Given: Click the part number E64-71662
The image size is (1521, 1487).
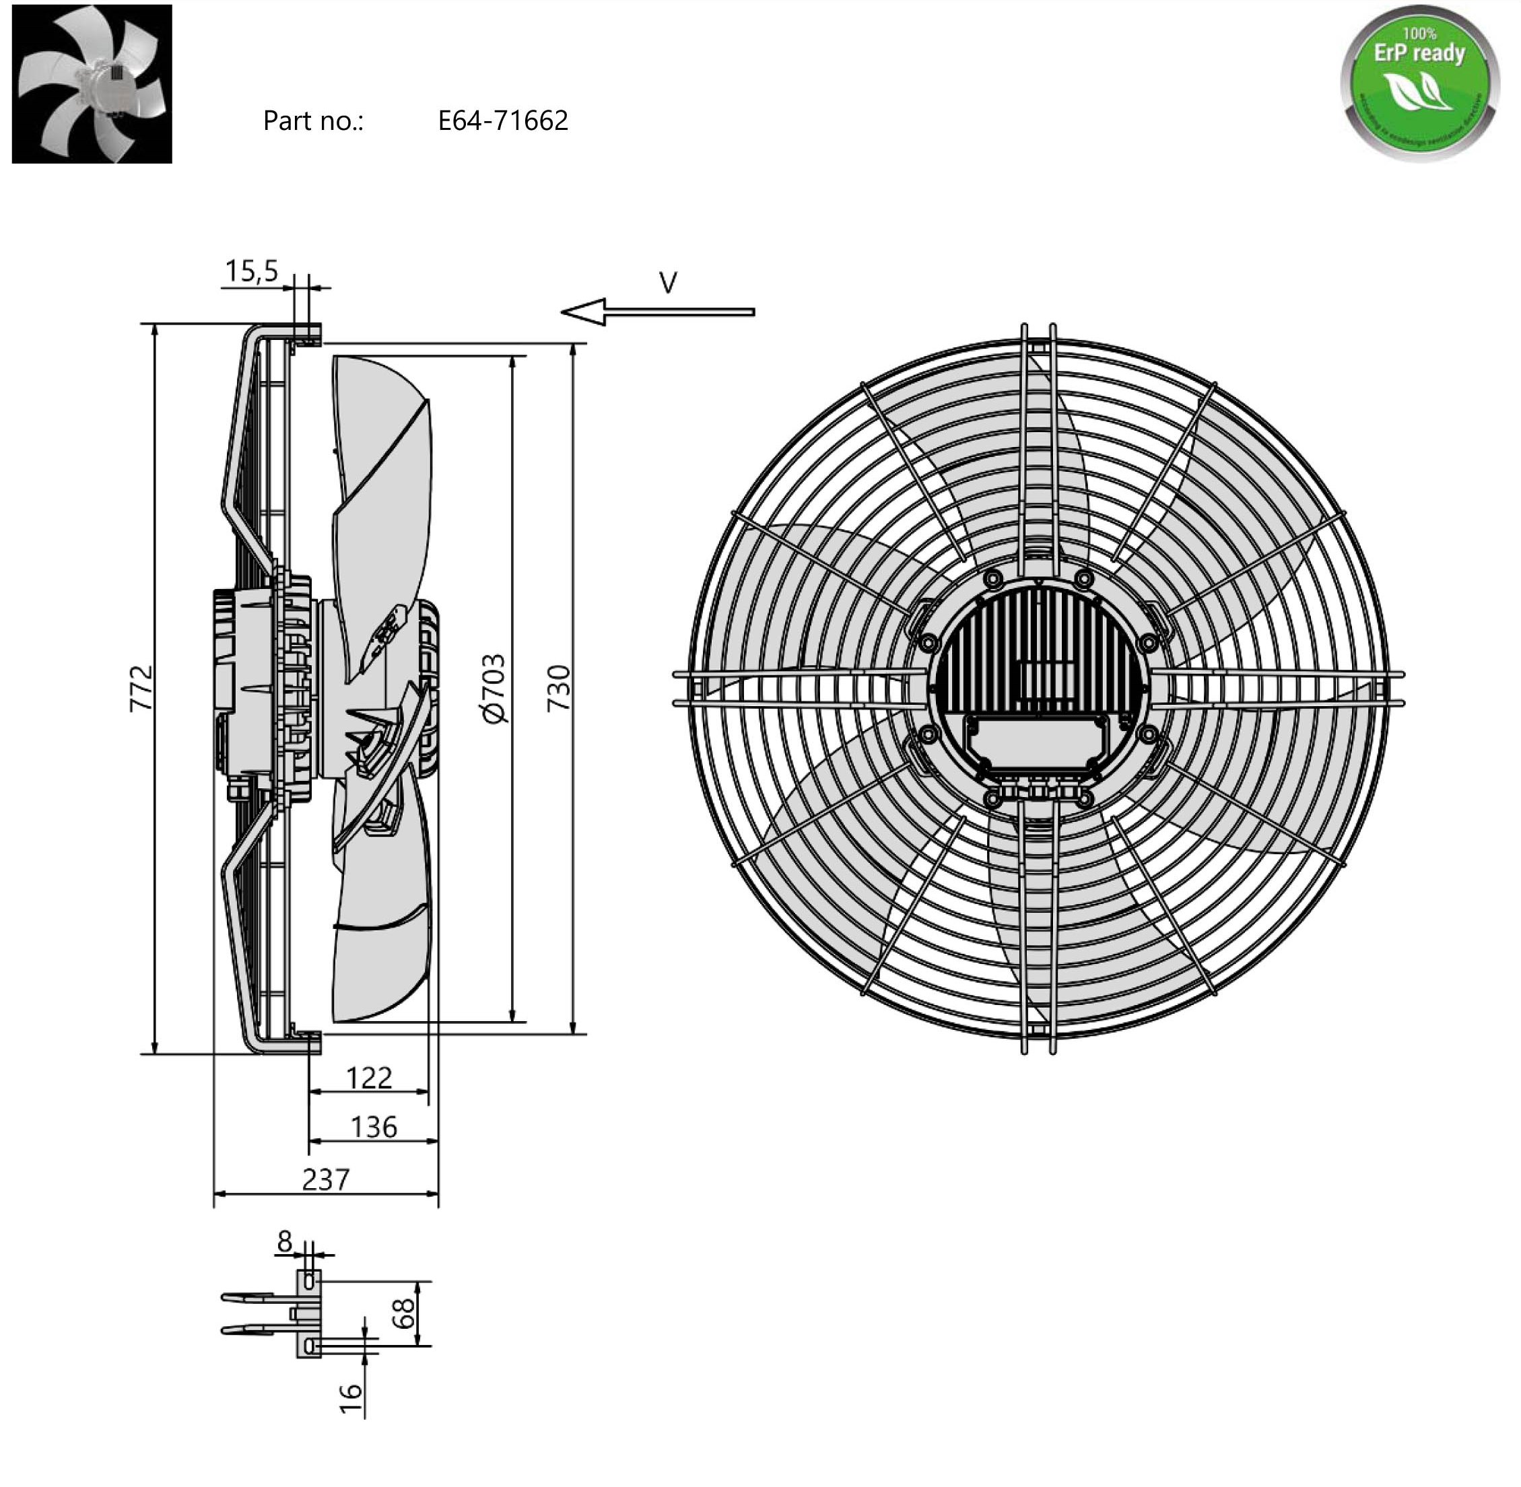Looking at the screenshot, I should pyautogui.click(x=502, y=121).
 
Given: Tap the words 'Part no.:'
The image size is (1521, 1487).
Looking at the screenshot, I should pyautogui.click(x=313, y=121).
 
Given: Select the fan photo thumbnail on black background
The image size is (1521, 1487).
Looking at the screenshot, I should pyautogui.click(x=92, y=83).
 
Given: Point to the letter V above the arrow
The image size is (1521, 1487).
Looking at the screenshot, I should pyautogui.click(x=668, y=283).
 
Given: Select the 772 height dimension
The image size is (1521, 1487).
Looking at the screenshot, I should pyautogui.click(x=141, y=688).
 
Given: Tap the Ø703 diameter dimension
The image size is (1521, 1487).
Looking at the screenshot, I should pyautogui.click(x=494, y=689).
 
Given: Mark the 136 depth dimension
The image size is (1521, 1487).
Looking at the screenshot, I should pyautogui.click(x=374, y=1127).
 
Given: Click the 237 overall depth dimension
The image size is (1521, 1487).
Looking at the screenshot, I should pyautogui.click(x=326, y=1179).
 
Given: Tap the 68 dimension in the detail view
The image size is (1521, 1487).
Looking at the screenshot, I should pyautogui.click(x=403, y=1313).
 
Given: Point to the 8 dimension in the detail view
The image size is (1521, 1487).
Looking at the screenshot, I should pyautogui.click(x=284, y=1241).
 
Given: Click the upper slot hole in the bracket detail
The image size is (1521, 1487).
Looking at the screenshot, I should pyautogui.click(x=309, y=1281).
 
